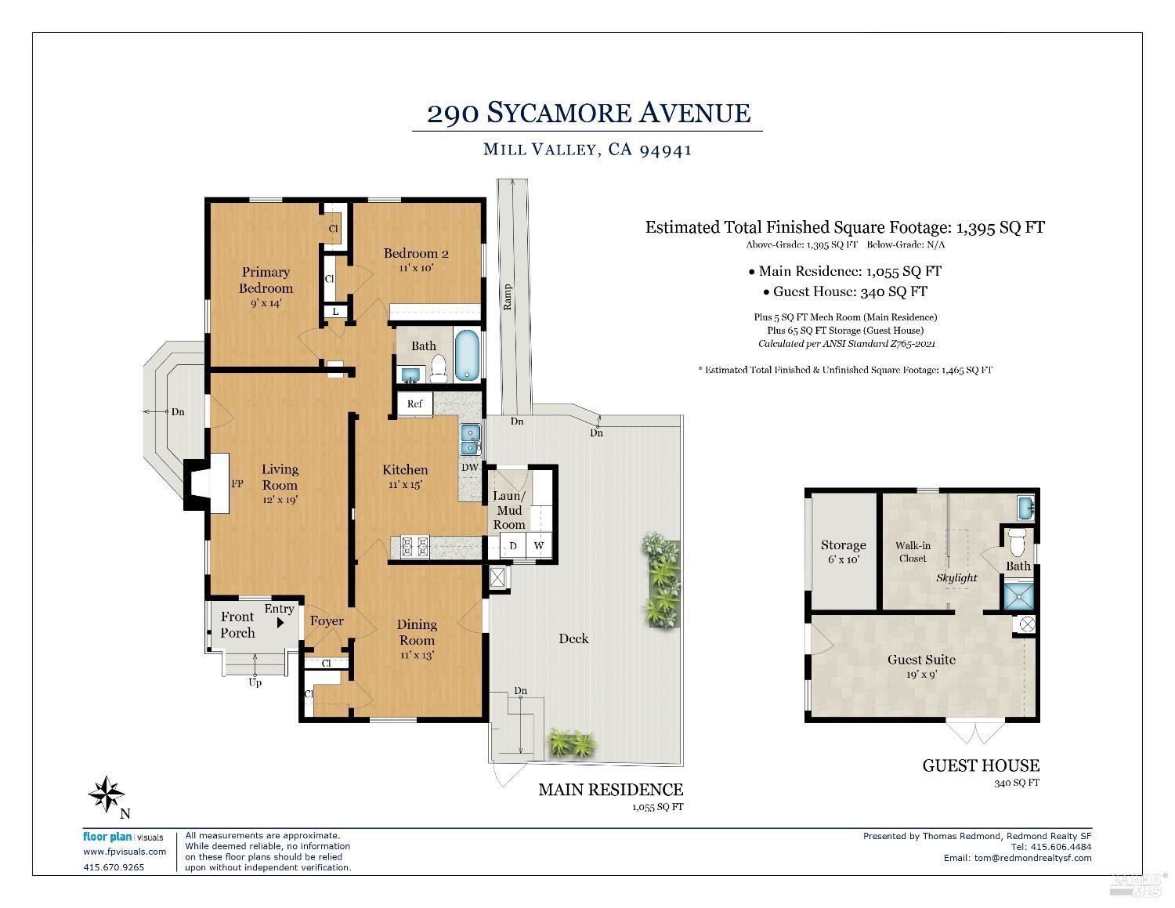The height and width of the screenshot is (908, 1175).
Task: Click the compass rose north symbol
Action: pos(106,794)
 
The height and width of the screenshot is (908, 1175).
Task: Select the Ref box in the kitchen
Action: pos(414,403)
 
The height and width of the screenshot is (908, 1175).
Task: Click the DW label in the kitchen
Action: pos(469,468)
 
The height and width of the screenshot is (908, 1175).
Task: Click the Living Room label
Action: pos(280,476)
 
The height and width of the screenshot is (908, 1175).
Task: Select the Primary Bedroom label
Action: pos(266,279)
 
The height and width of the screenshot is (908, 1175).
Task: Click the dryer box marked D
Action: pos(513,545)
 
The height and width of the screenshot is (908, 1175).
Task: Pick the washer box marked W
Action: pos(539,545)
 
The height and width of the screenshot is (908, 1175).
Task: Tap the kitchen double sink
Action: pos(470,440)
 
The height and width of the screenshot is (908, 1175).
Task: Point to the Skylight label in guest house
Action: pos(956,578)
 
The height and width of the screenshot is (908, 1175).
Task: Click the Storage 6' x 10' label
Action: pos(843,552)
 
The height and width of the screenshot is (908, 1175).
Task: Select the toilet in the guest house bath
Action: pos(1017,541)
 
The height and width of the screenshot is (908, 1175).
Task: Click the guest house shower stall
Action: pos(1019,595)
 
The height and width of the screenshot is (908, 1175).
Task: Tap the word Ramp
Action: pos(508,296)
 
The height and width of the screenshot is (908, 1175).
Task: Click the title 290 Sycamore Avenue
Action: pos(587,113)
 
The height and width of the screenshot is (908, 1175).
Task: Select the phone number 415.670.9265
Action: pos(114,867)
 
